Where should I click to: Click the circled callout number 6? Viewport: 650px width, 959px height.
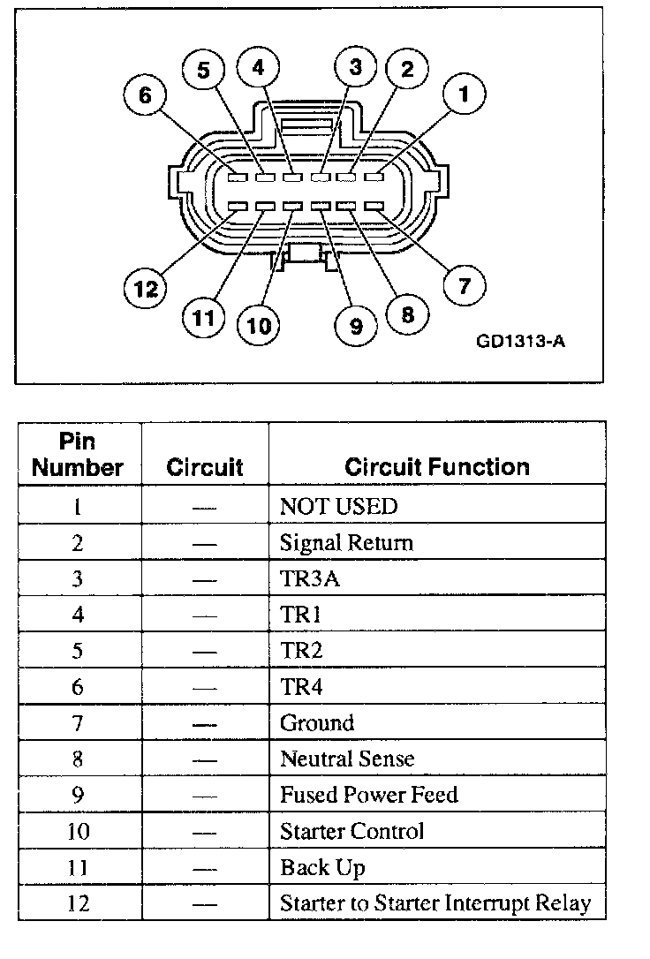point(146,95)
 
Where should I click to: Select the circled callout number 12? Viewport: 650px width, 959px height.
point(146,289)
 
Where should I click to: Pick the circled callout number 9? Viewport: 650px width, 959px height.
point(356,326)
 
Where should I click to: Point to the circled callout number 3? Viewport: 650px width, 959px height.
point(356,67)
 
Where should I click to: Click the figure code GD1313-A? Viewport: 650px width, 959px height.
point(520,341)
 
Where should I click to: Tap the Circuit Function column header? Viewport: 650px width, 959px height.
point(437,466)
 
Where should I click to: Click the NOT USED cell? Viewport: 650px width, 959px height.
point(338,506)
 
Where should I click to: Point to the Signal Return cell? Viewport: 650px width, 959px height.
point(345,542)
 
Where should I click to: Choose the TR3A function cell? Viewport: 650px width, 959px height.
point(305,578)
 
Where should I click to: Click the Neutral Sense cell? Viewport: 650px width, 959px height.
point(346,759)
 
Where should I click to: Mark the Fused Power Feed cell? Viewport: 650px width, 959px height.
point(368,795)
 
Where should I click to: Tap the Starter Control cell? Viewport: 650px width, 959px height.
point(351,831)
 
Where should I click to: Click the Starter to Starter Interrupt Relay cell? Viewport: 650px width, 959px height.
point(435,903)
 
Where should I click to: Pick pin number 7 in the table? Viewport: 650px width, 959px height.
point(78,722)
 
